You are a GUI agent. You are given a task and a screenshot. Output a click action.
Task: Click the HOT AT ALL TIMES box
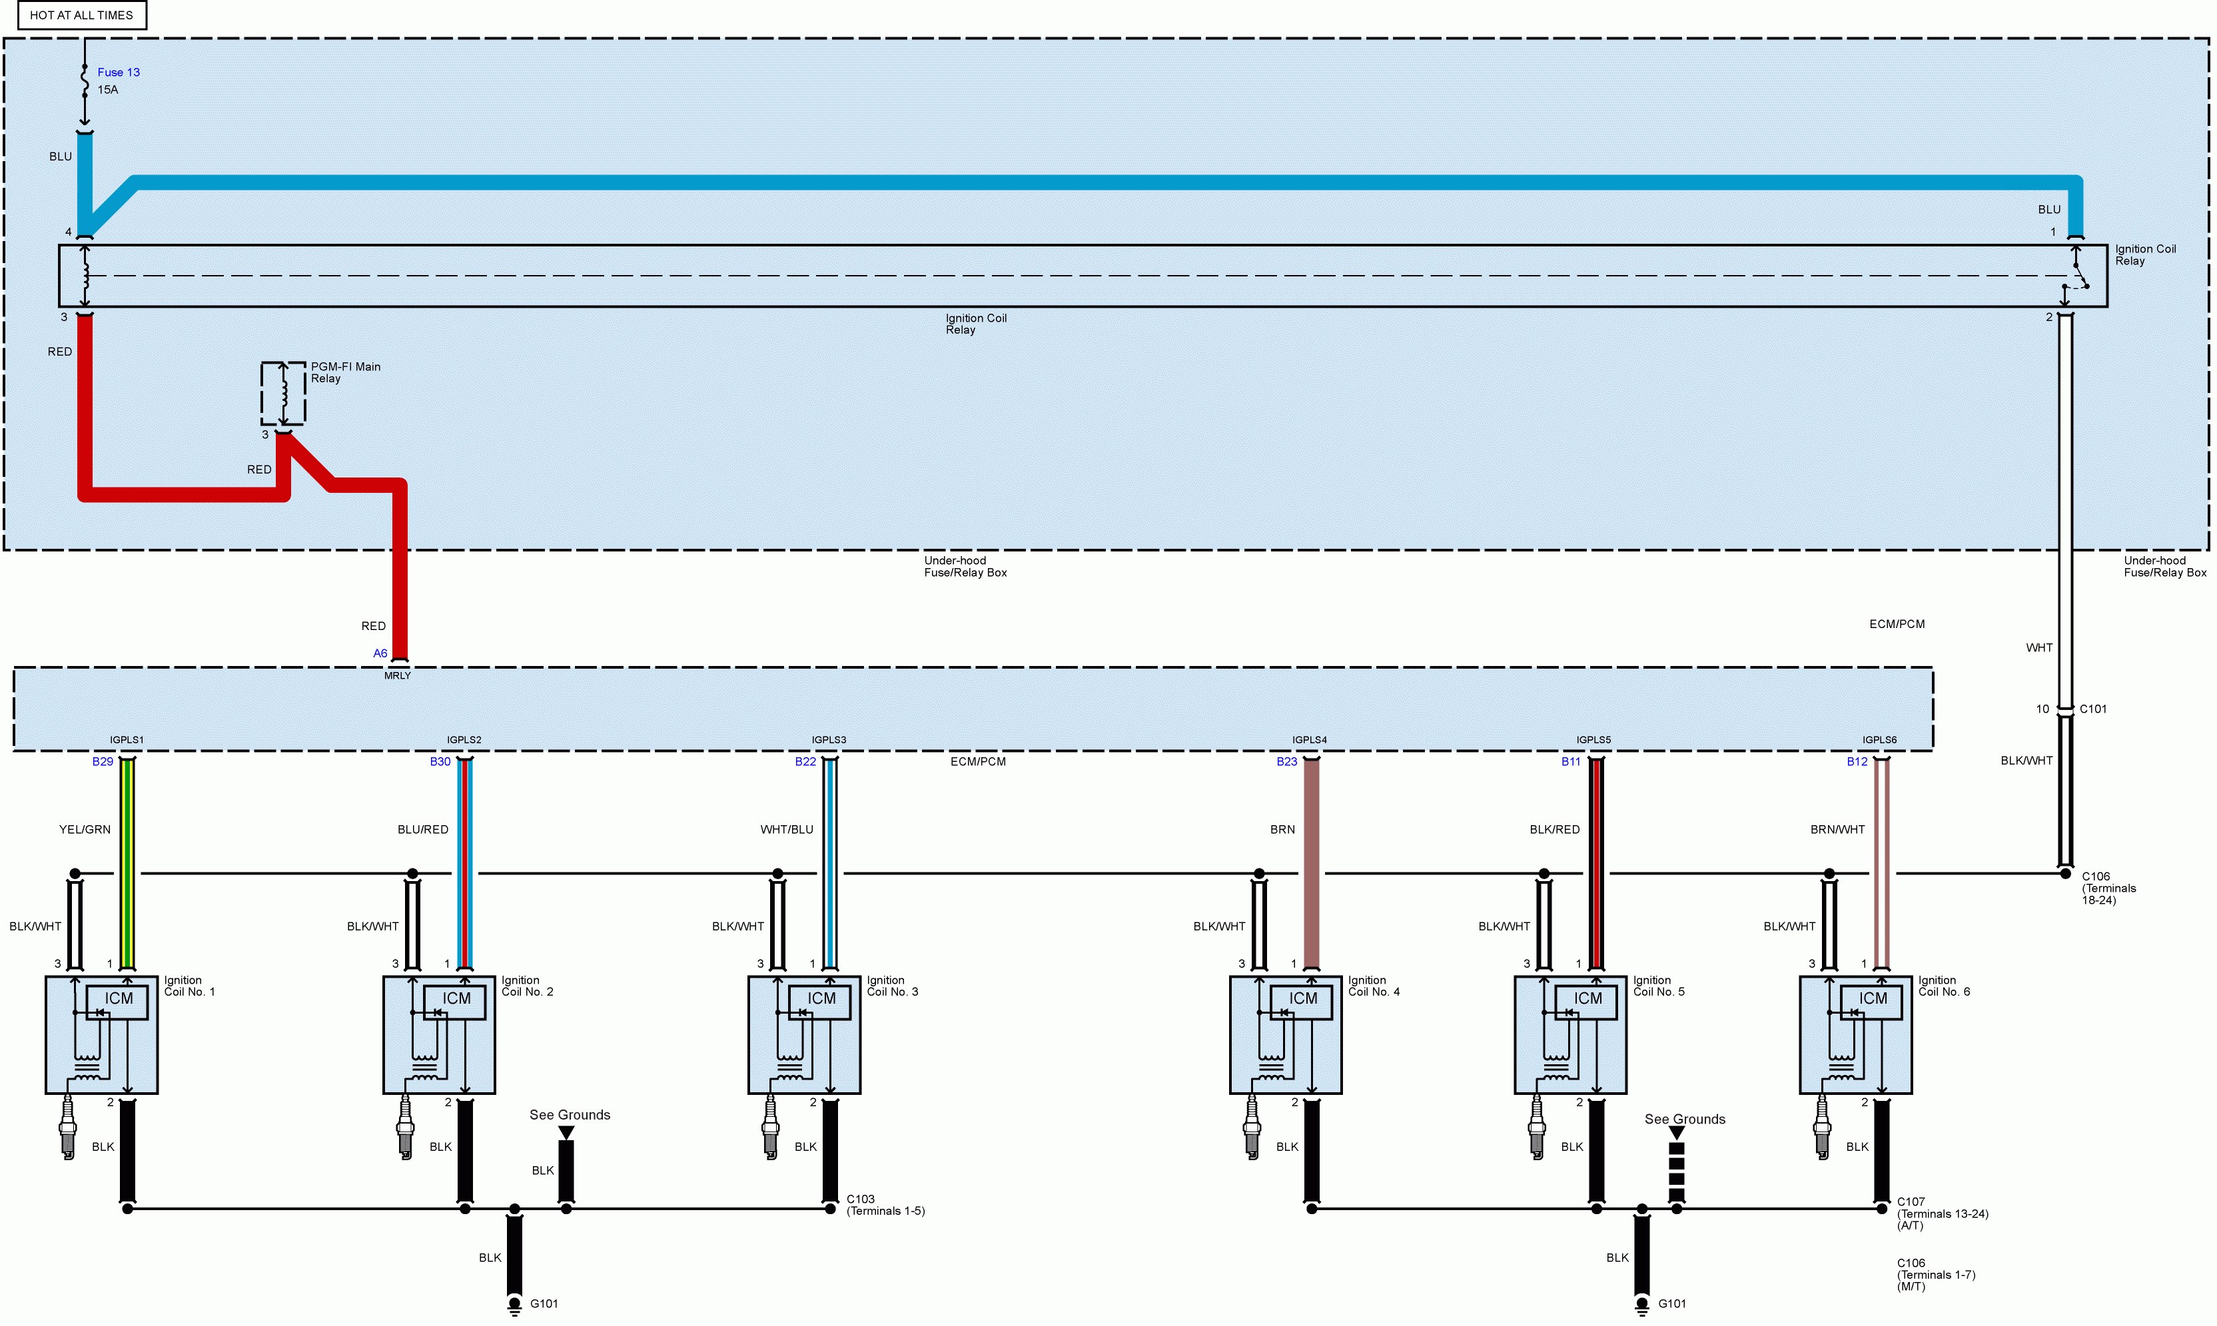tap(82, 15)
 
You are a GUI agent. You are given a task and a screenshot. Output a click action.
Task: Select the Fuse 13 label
tap(119, 73)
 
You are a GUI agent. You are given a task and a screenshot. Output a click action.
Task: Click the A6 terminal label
tap(380, 653)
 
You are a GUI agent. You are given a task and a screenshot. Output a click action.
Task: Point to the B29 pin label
tap(103, 761)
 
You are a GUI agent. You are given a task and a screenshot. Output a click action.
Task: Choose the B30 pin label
tap(440, 761)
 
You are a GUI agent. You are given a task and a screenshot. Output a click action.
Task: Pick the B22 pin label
tap(806, 761)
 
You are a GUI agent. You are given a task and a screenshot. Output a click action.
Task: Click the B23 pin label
tap(1287, 761)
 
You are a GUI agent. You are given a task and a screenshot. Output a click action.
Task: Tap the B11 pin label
tap(1571, 761)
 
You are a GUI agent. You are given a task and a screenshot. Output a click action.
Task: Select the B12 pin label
tap(1857, 761)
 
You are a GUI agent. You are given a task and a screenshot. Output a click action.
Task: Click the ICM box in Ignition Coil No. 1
tap(117, 1002)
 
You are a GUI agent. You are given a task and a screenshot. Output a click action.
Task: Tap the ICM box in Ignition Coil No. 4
tap(1301, 1002)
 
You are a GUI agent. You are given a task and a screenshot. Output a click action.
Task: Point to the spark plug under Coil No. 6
tap(1822, 1128)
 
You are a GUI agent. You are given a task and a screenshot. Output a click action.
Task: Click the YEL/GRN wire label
tap(85, 829)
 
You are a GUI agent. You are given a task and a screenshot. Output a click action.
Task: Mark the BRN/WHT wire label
tap(1837, 829)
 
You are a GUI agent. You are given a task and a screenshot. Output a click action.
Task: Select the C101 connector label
tap(2093, 709)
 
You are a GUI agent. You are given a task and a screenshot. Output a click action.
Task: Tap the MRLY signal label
tap(398, 675)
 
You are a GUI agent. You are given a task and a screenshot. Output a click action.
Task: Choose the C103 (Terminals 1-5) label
tap(885, 1205)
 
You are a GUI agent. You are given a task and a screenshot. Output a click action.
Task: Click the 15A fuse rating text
tap(108, 89)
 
